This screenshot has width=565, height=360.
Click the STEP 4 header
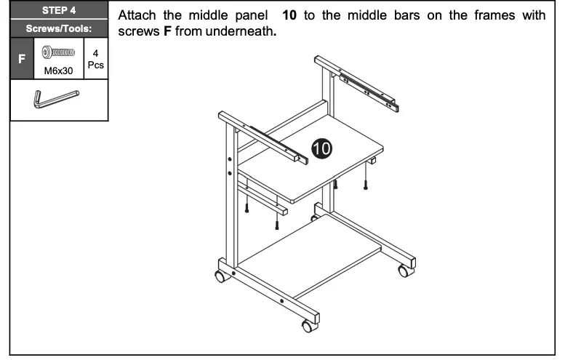[x=60, y=11]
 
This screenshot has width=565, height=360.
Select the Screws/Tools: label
[x=60, y=29]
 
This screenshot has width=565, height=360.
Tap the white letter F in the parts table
[x=22, y=62]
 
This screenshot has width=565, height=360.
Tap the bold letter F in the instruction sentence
[x=167, y=32]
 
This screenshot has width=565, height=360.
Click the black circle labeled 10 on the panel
[x=321, y=148]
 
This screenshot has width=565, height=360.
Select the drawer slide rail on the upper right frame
[x=369, y=86]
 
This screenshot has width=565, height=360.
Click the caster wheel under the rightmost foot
[x=404, y=271]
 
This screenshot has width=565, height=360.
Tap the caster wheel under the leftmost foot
[x=218, y=277]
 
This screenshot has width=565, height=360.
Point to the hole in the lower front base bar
[x=281, y=300]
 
